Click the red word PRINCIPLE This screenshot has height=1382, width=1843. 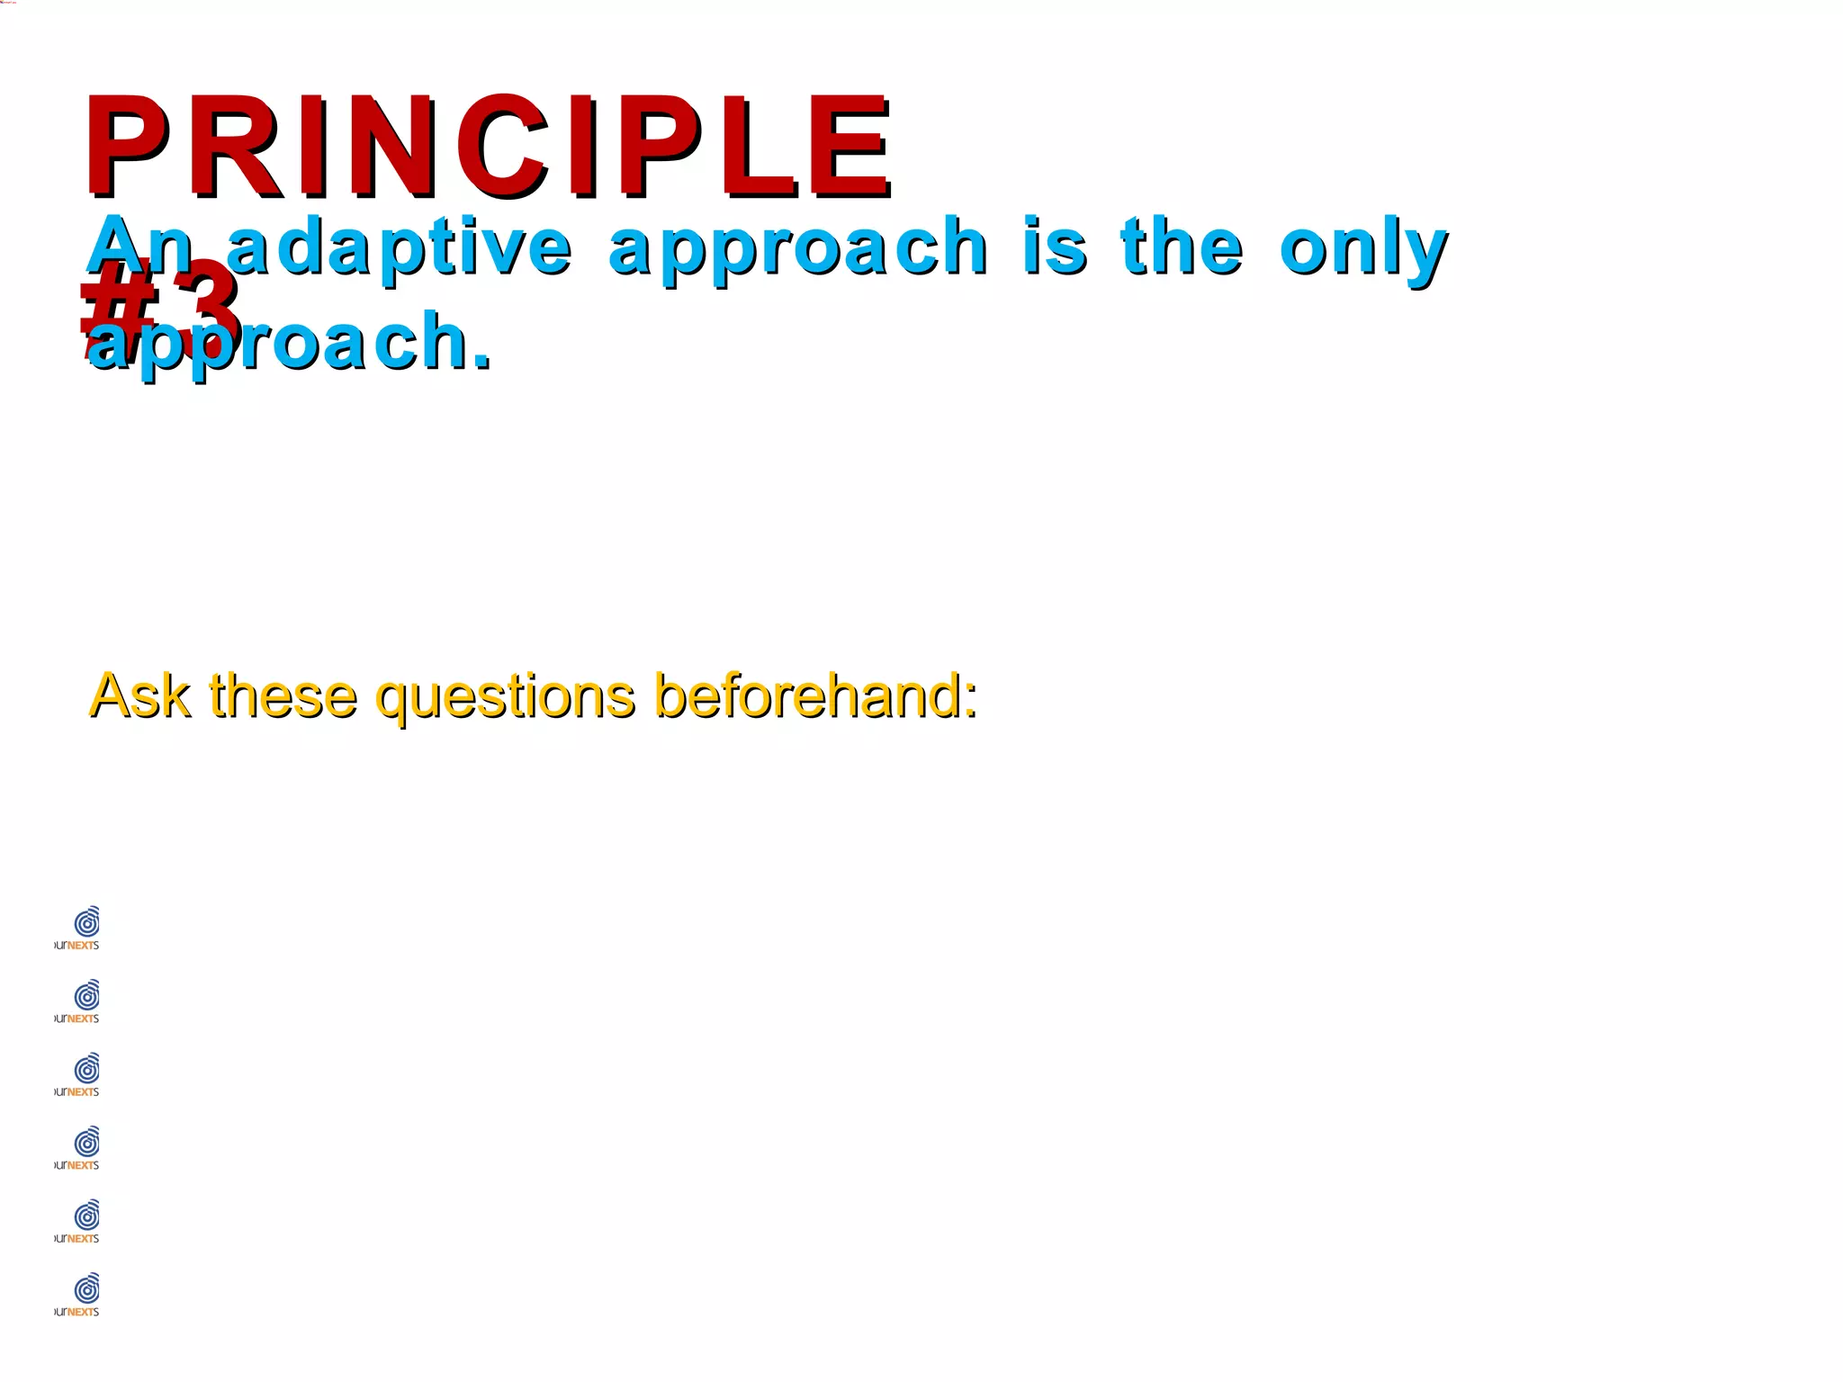tap(486, 146)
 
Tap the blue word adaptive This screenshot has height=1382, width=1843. tap(398, 247)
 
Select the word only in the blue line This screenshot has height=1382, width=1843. tap(1362, 248)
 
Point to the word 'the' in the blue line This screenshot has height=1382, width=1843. tap(1182, 247)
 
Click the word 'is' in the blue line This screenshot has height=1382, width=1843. tap(1054, 247)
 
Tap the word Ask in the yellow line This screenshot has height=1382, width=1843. tap(140, 695)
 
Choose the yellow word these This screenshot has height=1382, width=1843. tap(283, 695)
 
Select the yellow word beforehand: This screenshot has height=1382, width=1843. tap(815, 695)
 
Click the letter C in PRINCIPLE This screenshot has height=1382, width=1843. tap(504, 146)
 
